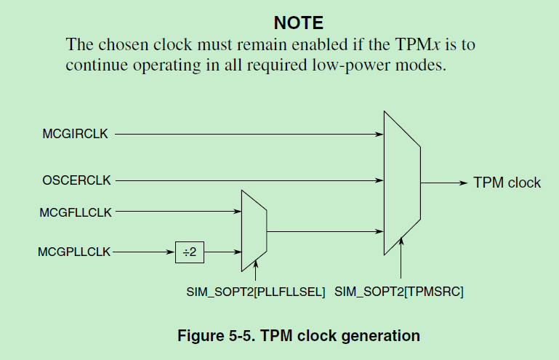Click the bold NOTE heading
(298, 23)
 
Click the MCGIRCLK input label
(75, 134)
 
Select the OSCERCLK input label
(76, 180)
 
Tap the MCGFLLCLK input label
(76, 212)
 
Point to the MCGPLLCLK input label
(74, 252)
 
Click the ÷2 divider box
(190, 252)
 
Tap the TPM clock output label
(507, 183)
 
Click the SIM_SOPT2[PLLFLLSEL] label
(256, 292)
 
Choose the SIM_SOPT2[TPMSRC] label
(399, 292)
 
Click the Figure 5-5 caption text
(299, 336)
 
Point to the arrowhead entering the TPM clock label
(464, 183)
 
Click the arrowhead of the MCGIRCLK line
(379, 134)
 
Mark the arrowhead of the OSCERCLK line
(379, 180)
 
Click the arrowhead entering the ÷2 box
(171, 252)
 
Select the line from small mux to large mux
(325, 231)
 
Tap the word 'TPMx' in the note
(417, 44)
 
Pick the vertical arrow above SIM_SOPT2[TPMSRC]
(401, 257)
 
